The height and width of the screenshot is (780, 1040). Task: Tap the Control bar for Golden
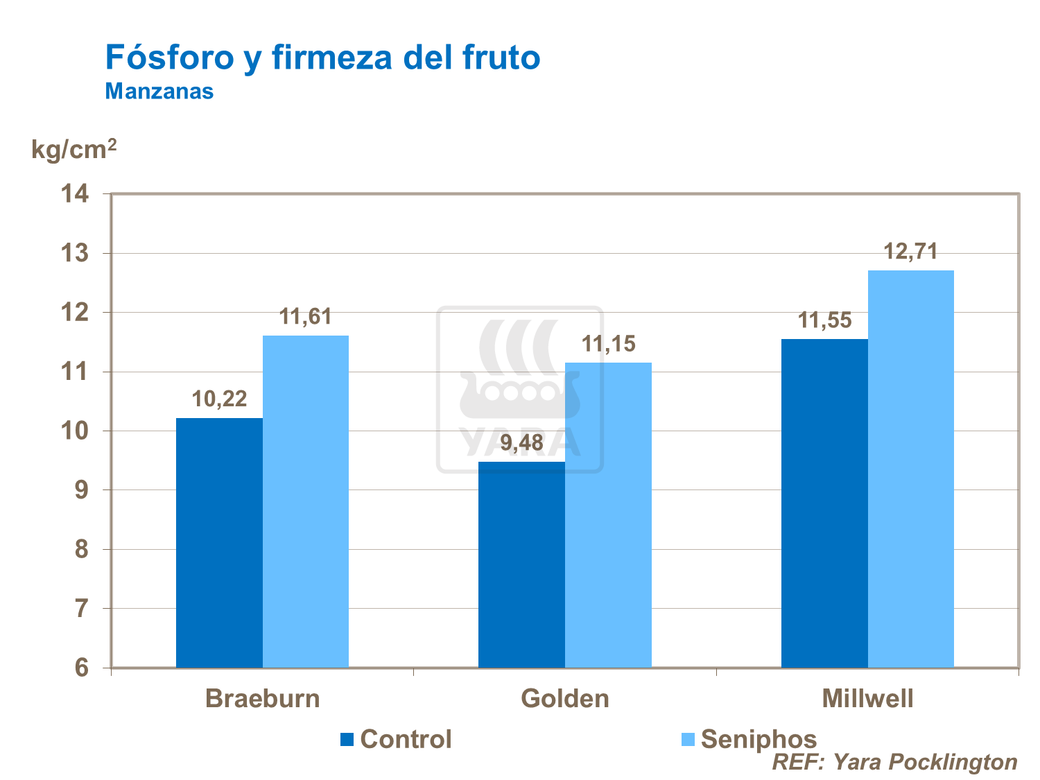click(x=521, y=564)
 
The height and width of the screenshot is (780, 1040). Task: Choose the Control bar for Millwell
click(x=824, y=503)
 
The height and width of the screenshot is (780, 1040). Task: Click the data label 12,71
click(x=910, y=251)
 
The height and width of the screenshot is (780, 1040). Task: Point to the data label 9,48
click(x=521, y=442)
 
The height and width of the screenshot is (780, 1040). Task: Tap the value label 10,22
click(x=219, y=399)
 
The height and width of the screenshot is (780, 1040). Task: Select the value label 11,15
click(x=608, y=343)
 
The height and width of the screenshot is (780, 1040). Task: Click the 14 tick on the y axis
click(x=76, y=194)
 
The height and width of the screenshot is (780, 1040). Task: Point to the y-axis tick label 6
click(x=83, y=668)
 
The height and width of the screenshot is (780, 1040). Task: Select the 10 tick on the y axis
click(x=76, y=431)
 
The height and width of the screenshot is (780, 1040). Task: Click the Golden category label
click(x=565, y=698)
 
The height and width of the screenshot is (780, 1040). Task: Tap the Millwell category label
click(x=867, y=698)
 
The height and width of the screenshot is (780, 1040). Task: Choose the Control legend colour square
click(x=347, y=739)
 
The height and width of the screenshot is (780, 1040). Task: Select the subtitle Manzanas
click(x=159, y=91)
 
